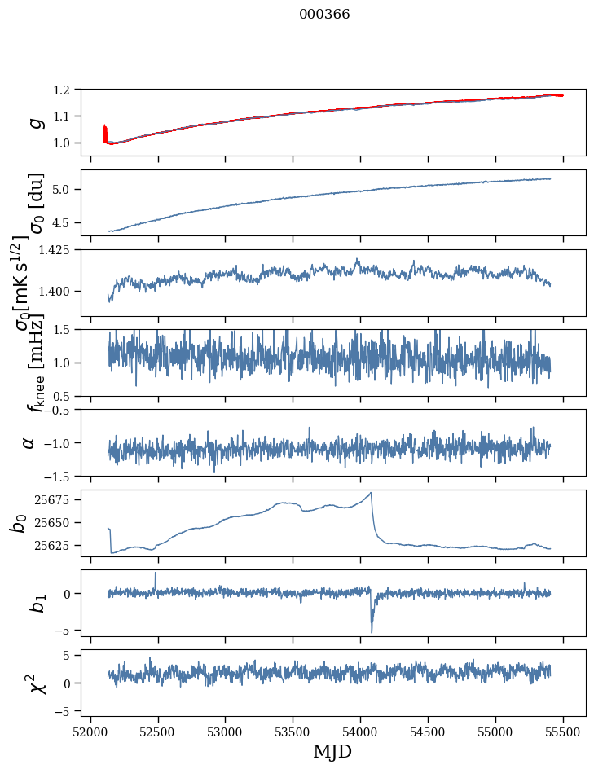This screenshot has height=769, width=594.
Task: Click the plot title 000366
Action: pyautogui.click(x=324, y=15)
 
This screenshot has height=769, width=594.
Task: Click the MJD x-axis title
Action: pyautogui.click(x=332, y=751)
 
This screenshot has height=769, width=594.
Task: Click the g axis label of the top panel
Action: pyautogui.click(x=35, y=122)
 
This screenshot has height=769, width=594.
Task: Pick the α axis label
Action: pyautogui.click(x=29, y=442)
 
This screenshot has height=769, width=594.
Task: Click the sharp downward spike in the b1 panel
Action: pyautogui.click(x=372, y=631)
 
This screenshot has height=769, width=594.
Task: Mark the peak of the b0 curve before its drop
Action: pyautogui.click(x=371, y=493)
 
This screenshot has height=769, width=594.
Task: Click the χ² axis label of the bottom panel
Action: pyautogui.click(x=35, y=683)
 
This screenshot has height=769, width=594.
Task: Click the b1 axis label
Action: pyautogui.click(x=35, y=603)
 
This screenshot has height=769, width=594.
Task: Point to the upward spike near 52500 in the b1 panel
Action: pyautogui.click(x=156, y=573)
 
